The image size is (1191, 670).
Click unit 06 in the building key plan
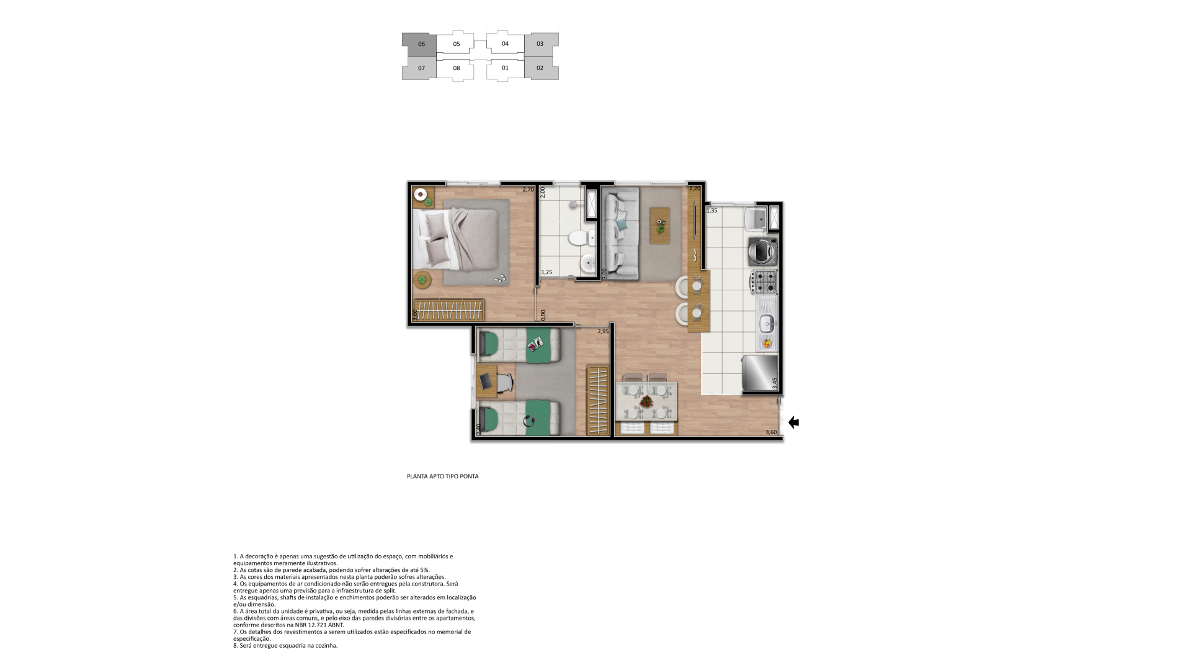(419, 44)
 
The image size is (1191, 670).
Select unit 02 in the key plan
(541, 68)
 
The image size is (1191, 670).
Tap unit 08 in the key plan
(456, 68)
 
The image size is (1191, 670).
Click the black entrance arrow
(793, 422)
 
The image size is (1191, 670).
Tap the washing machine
(763, 251)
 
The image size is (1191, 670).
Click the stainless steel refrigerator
(760, 372)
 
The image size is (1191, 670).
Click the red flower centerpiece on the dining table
(647, 401)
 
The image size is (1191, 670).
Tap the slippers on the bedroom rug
(501, 279)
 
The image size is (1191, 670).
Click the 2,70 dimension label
(528, 190)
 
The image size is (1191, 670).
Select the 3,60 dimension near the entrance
(771, 432)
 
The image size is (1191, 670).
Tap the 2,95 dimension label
(603, 331)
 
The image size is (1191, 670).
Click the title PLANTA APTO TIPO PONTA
(443, 476)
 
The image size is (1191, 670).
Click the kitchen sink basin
(767, 321)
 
